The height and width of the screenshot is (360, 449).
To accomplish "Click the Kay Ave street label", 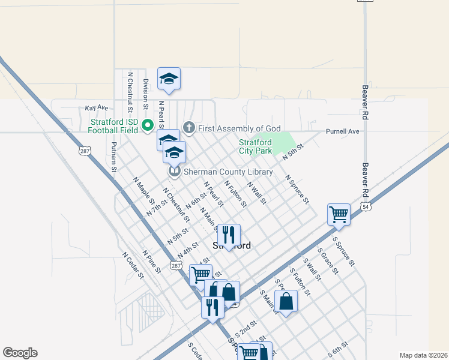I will coord(96,107).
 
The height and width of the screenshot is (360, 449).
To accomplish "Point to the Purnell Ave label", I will coord(342,131).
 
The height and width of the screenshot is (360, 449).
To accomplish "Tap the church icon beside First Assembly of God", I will coord(188,128).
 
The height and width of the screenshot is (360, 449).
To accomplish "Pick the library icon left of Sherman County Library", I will coord(175,172).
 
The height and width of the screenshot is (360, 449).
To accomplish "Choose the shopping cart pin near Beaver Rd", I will coord(339,214).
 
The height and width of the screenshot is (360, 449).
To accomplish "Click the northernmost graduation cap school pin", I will coord(169,79).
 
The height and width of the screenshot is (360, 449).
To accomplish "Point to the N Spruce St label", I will coord(297,189).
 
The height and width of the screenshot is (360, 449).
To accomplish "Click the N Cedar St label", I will coord(133,265).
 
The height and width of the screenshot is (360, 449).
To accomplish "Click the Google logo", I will coord(20,353).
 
